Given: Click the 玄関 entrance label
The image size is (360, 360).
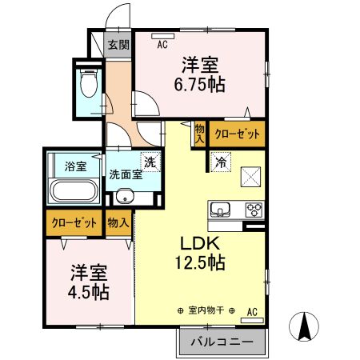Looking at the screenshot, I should pyautogui.click(x=119, y=45).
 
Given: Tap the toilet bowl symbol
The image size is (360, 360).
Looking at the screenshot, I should pyautogui.click(x=88, y=82).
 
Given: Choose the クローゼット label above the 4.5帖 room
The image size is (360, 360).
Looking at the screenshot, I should pyautogui.click(x=74, y=222).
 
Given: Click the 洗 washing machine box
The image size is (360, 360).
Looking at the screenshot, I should pyautogui.click(x=149, y=161).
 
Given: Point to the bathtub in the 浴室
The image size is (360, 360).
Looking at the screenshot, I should pyautogui.click(x=74, y=193).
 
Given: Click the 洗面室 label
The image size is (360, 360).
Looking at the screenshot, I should pyautogui.click(x=126, y=175).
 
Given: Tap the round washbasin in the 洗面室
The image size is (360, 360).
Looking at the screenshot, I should pyautogui.click(x=124, y=197).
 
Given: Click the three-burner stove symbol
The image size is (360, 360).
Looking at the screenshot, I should pyautogui.click(x=254, y=210).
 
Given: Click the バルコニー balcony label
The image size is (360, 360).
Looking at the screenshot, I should pyautogui.click(x=222, y=342).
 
